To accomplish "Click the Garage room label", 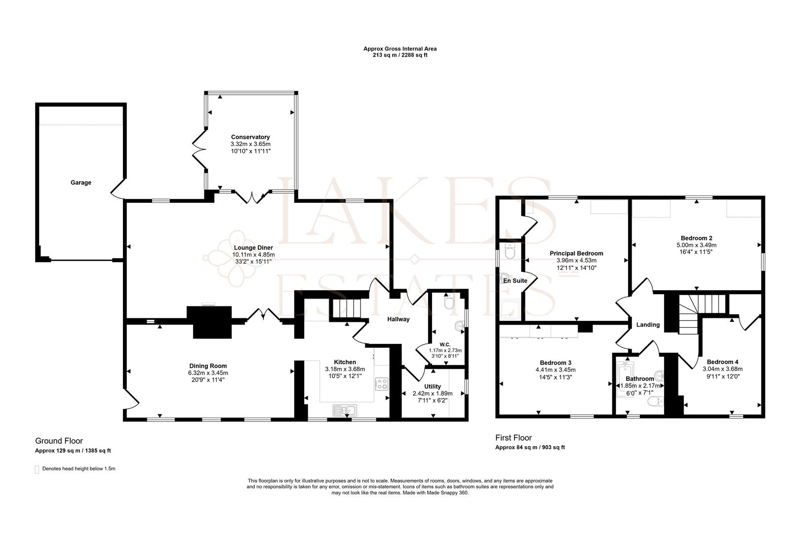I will pyautogui.click(x=80, y=183).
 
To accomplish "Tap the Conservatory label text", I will pyautogui.click(x=250, y=137).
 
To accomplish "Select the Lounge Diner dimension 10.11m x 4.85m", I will pyautogui.click(x=253, y=255).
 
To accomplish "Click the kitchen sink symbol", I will pyautogui.click(x=345, y=409).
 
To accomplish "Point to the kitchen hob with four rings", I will pyautogui.click(x=382, y=383).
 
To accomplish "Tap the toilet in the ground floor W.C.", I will pyautogui.click(x=448, y=302).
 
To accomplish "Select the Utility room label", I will pyautogui.click(x=433, y=386).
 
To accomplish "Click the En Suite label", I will pyautogui.click(x=515, y=281).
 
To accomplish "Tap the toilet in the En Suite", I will pyautogui.click(x=510, y=252).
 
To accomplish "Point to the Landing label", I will pyautogui.click(x=647, y=325).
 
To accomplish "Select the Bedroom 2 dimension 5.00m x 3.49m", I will pyautogui.click(x=696, y=245).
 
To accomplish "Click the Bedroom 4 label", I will pyautogui.click(x=722, y=362).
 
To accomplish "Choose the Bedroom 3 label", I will pyautogui.click(x=556, y=362).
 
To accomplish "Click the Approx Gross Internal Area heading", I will pyautogui.click(x=400, y=49).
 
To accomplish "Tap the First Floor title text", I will pyautogui.click(x=514, y=438).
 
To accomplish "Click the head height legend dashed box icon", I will pyautogui.click(x=37, y=469).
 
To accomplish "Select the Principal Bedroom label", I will pyautogui.click(x=576, y=254).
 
